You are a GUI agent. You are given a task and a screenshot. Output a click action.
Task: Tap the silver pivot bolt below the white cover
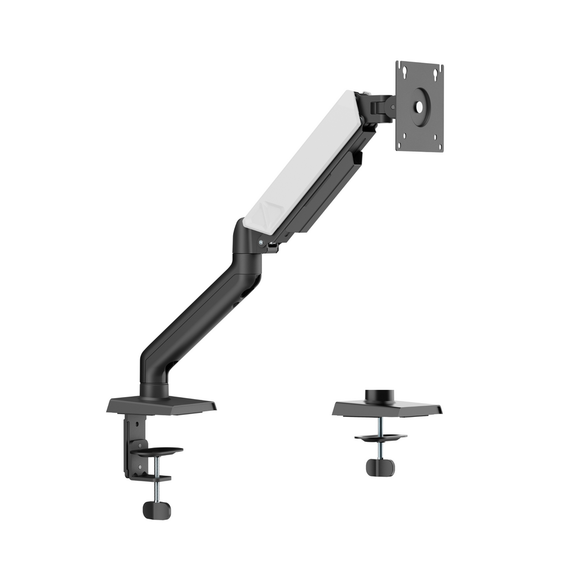260,241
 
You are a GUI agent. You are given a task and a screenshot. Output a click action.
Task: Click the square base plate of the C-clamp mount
161,406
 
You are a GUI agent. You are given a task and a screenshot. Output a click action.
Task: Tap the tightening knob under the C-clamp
157,510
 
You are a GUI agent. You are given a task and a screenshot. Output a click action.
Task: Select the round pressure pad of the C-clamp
157,451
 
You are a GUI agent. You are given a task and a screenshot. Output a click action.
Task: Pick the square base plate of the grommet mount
388,409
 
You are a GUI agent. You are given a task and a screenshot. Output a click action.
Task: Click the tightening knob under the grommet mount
380,467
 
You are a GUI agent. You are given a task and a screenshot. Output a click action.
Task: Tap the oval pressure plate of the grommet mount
380,437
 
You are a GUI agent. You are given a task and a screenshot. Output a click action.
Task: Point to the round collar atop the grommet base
380,395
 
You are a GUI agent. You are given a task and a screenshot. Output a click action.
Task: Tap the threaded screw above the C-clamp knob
157,487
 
